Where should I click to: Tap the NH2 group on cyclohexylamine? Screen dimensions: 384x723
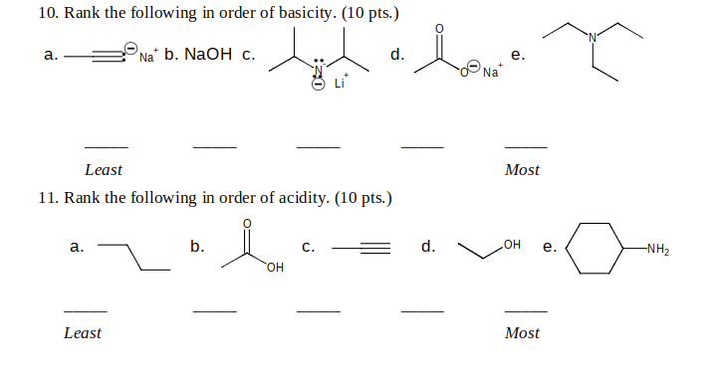(x=657, y=249)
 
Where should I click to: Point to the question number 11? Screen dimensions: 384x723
(x=47, y=197)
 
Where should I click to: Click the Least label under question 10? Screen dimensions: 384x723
(x=104, y=170)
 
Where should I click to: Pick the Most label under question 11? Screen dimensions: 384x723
(x=522, y=333)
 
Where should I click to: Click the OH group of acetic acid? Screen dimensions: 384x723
(x=275, y=267)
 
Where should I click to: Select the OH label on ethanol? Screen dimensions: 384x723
(x=512, y=243)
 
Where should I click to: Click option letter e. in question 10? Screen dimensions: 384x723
(x=515, y=55)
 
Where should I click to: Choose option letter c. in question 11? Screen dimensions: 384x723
(x=308, y=247)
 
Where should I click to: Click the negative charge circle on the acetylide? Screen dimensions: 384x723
(x=130, y=50)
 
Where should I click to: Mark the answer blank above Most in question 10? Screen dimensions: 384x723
(x=525, y=147)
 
